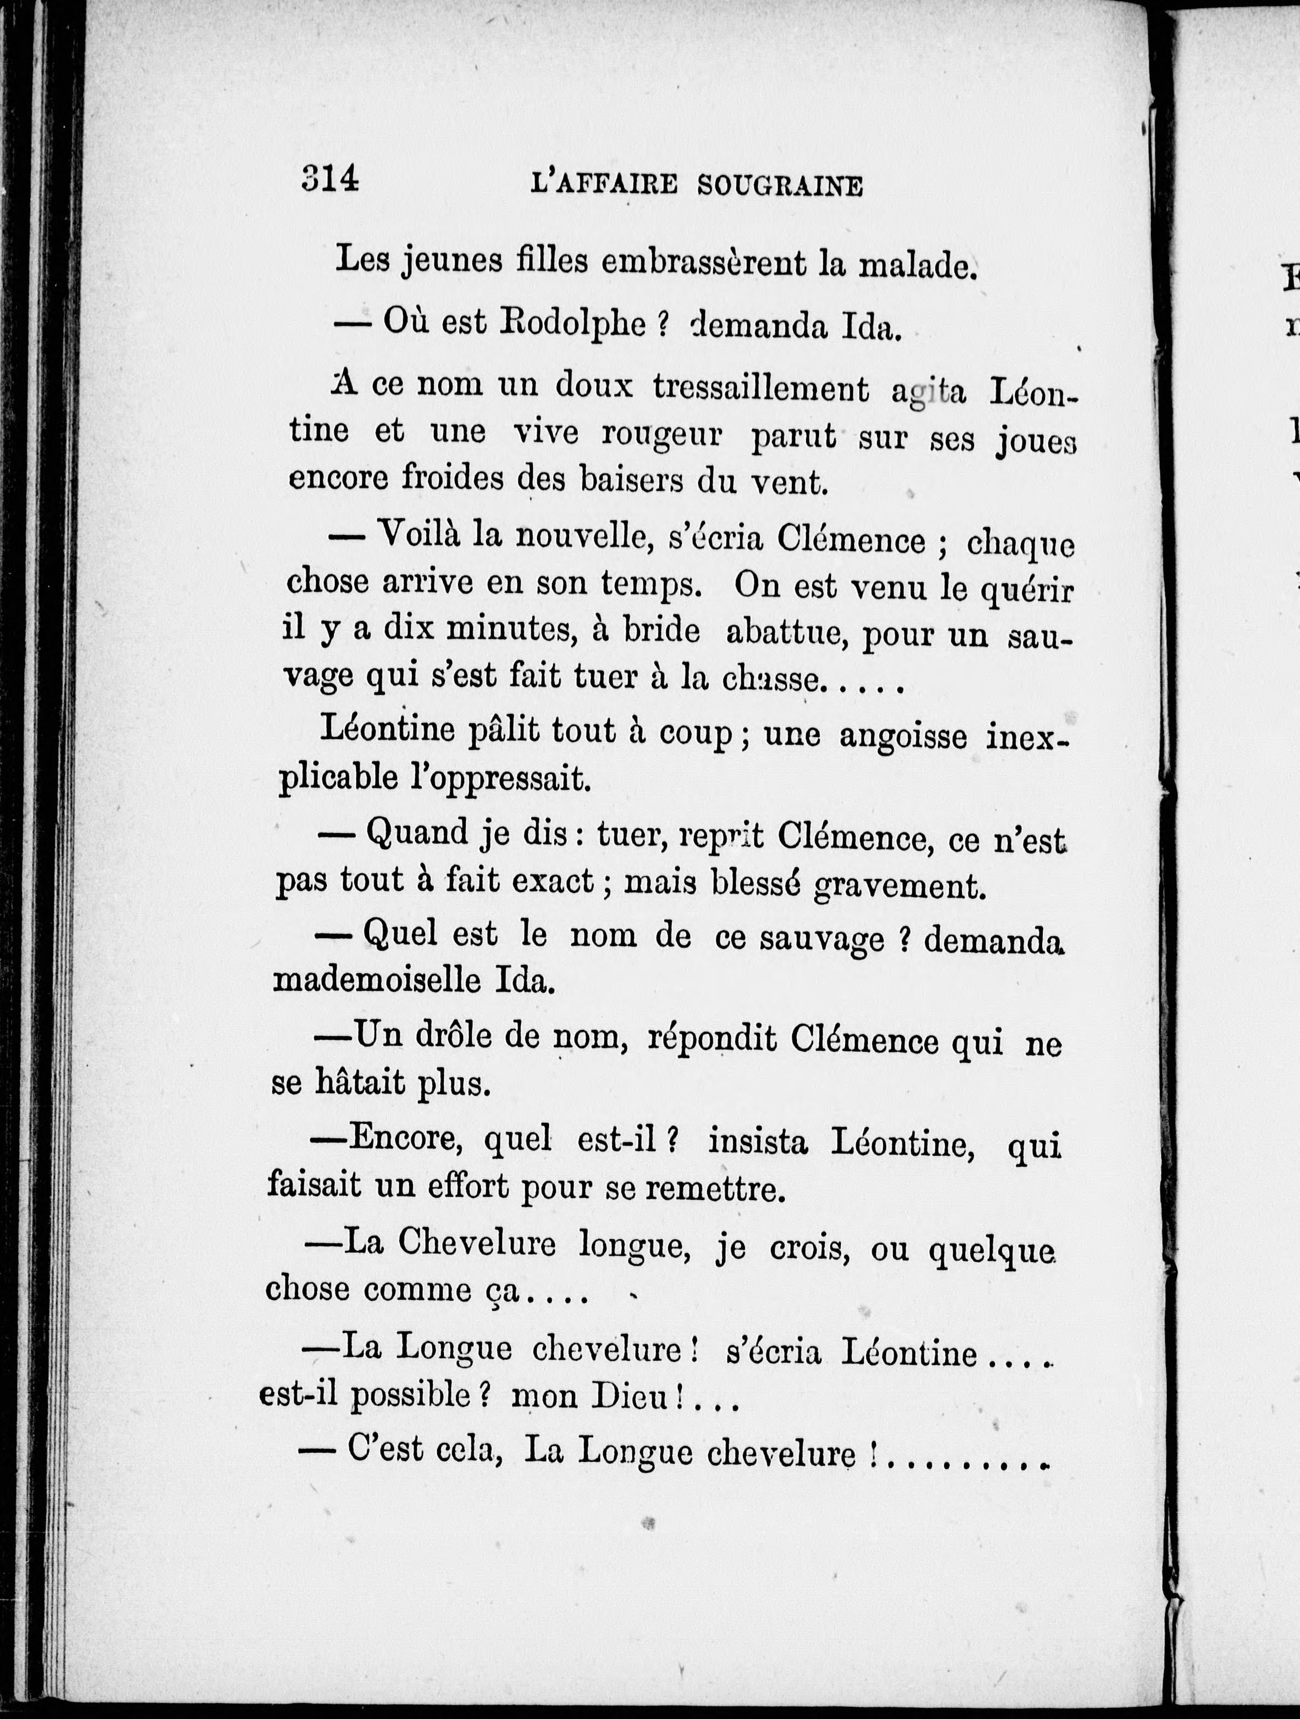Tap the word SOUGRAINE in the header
(780, 186)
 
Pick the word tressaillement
(761, 388)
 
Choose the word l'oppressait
(500, 778)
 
